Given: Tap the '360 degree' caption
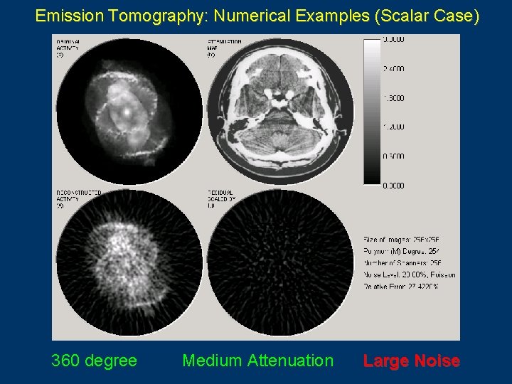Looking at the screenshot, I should (94, 361).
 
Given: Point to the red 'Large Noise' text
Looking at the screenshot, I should (411, 361).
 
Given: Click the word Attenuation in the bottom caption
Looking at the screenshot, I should (289, 361).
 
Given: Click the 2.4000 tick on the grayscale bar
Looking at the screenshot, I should (393, 69).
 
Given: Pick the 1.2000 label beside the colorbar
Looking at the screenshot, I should (393, 127).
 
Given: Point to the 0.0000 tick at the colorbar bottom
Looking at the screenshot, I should (393, 186).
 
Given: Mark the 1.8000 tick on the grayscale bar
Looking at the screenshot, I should (393, 98).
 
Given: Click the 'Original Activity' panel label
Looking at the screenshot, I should (68, 48).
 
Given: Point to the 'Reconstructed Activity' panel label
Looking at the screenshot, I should (78, 198).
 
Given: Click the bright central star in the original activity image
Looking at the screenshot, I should (125, 112).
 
